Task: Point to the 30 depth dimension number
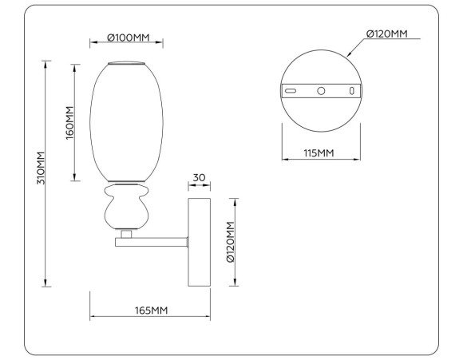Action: [200, 177]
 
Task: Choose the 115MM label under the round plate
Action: [319, 152]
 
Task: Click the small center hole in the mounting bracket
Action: [321, 91]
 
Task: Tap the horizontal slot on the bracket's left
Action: [291, 91]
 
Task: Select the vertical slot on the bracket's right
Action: [350, 91]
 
